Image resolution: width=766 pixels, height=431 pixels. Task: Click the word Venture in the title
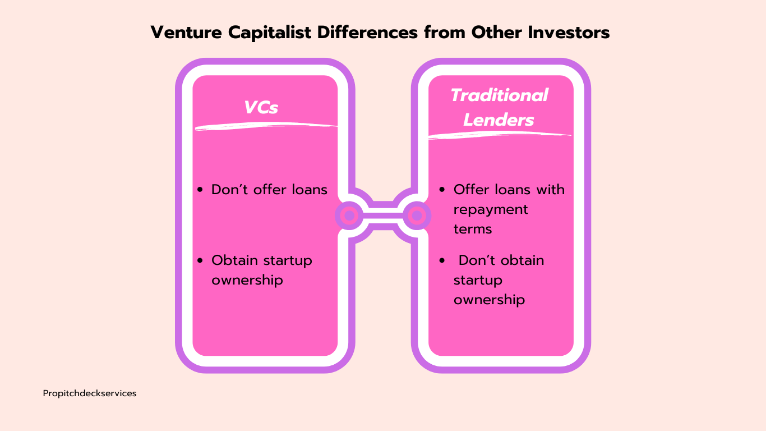pos(186,33)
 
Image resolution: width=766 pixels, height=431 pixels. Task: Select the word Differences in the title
pos(368,33)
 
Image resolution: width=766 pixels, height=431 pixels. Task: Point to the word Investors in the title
pos(569,33)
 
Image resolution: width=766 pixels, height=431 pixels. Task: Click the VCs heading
pos(261,108)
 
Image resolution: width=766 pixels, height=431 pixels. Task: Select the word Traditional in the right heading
pos(500,95)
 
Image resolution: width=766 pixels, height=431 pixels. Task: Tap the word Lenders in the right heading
pos(499,120)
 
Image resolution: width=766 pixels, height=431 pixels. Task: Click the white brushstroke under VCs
pos(266,126)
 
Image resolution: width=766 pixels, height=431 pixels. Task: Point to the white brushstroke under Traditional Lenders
pos(500,135)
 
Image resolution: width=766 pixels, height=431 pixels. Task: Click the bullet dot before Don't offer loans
pos(200,190)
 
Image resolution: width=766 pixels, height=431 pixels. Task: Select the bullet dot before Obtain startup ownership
pos(200,260)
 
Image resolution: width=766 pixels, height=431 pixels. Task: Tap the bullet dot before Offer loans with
pos(442,190)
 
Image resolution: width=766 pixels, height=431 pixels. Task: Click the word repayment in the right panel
pos(491,210)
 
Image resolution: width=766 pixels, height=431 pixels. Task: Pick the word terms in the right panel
pos(473,228)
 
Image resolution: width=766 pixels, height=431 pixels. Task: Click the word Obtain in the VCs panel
pos(235,260)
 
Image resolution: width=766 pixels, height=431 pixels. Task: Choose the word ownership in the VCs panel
pos(247,281)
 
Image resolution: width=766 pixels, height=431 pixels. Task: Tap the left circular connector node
pos(349,215)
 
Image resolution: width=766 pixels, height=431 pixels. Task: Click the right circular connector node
pos(417,215)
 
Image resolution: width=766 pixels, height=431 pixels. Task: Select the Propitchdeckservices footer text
pos(90,394)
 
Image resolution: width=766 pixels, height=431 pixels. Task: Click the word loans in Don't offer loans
pos(310,190)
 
